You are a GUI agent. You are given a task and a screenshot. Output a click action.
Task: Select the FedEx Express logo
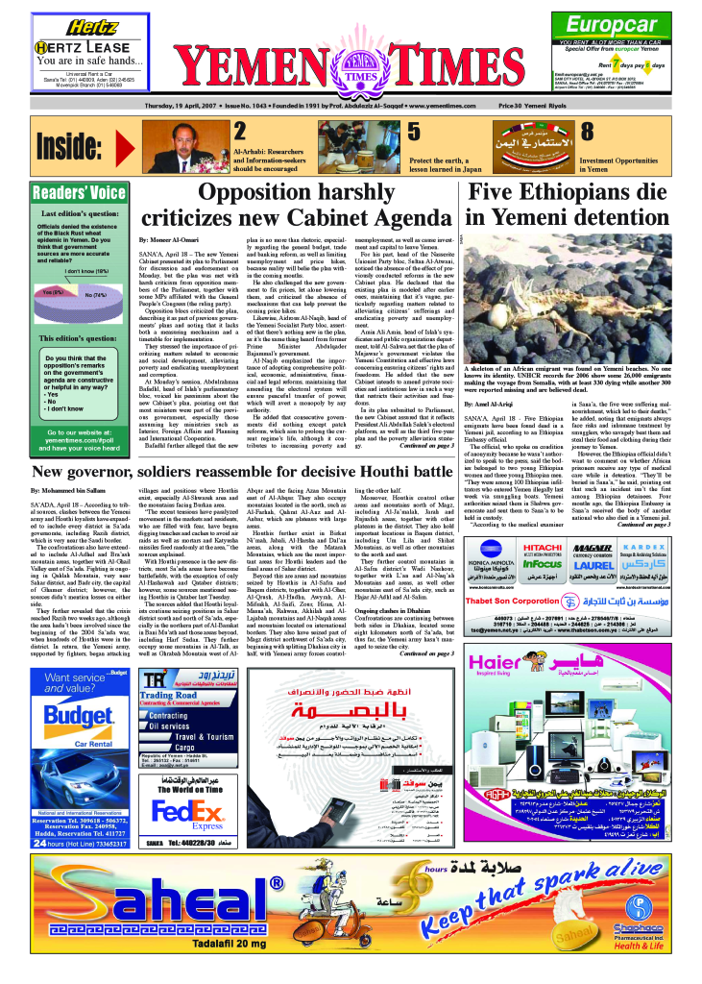coord(182,786)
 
